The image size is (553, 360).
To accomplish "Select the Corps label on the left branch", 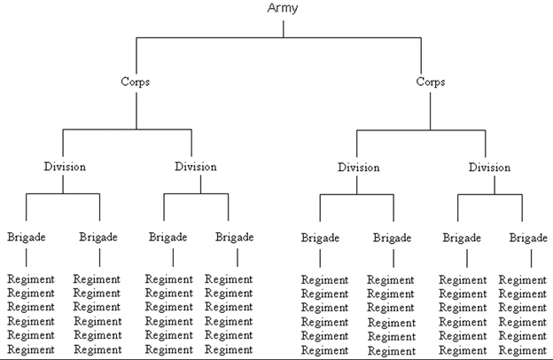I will tap(136, 82).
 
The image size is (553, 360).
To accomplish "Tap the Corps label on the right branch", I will tap(431, 82).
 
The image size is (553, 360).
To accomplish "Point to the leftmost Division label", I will tap(64, 166).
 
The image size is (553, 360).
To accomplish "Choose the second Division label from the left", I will tap(196, 166).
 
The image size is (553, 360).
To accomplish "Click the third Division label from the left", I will tap(358, 167).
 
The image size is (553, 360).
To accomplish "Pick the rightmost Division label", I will tap(489, 167).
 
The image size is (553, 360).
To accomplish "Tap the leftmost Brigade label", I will tap(27, 237).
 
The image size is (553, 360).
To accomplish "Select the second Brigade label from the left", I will tap(98, 237).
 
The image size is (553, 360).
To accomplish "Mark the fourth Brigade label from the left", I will tap(235, 237).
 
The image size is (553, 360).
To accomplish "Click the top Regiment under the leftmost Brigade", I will tap(30, 279).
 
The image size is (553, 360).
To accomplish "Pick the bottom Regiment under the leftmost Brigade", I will tap(30, 349).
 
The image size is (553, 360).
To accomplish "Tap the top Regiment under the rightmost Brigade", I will tap(523, 280).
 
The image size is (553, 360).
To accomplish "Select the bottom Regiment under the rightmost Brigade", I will tap(523, 350).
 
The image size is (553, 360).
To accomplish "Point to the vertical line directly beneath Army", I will tap(283, 27).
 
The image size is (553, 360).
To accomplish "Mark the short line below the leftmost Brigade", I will tap(27, 257).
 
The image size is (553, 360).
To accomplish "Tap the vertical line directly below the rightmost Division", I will tap(490, 183).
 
